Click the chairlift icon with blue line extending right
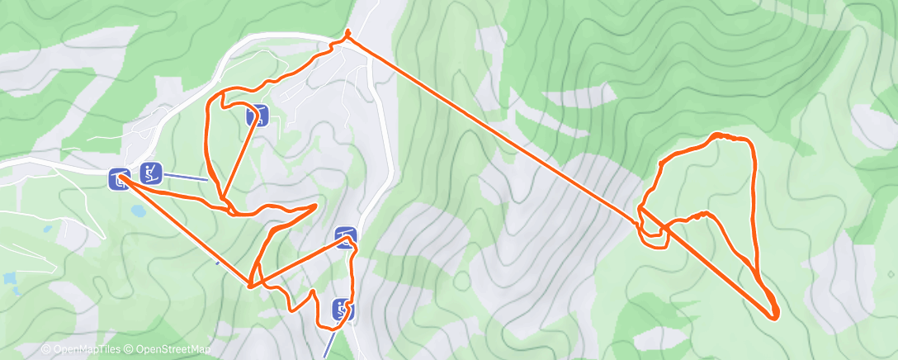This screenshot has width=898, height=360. [x=150, y=173]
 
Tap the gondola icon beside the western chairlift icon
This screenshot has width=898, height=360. [x=119, y=178]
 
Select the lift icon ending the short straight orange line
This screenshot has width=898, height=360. [x=257, y=116]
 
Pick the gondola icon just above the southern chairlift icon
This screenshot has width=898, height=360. [x=346, y=239]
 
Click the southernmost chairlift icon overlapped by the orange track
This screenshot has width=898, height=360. [x=343, y=310]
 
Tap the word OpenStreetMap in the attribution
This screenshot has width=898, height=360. [x=173, y=350]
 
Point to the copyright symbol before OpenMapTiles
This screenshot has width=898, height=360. [x=46, y=350]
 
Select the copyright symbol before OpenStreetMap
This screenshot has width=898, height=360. [x=129, y=350]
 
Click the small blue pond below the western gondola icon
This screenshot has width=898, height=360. [x=139, y=211]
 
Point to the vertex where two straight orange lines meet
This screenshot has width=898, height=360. [x=249, y=286]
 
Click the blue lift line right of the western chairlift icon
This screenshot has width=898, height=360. [x=195, y=177]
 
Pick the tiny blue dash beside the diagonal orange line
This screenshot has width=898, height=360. [x=218, y=263]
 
